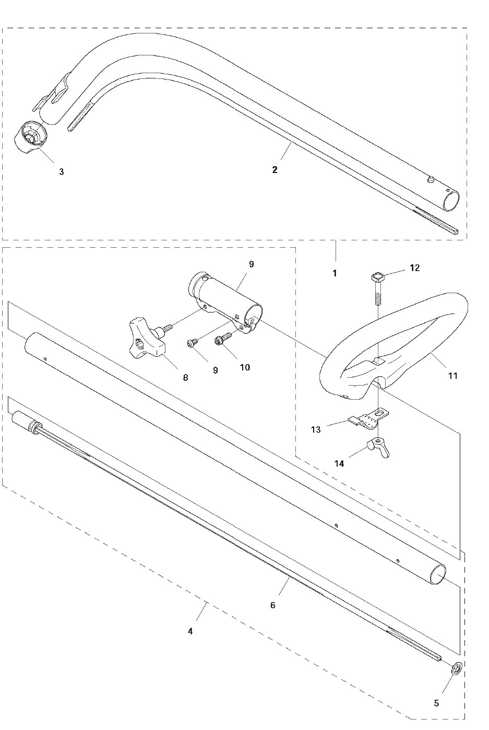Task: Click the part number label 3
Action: click(61, 171)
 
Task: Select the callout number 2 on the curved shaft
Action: click(275, 170)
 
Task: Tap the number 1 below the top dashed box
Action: click(335, 273)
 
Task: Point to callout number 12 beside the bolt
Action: click(415, 268)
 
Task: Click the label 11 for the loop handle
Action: click(452, 375)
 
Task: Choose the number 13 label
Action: click(316, 429)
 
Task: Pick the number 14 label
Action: click(339, 463)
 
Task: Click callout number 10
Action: click(245, 367)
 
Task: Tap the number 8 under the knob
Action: click(185, 376)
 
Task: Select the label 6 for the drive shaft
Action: click(272, 605)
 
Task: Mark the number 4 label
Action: click(190, 631)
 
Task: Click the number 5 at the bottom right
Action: click(436, 703)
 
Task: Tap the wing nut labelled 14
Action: click(378, 448)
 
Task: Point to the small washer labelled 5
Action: click(456, 669)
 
